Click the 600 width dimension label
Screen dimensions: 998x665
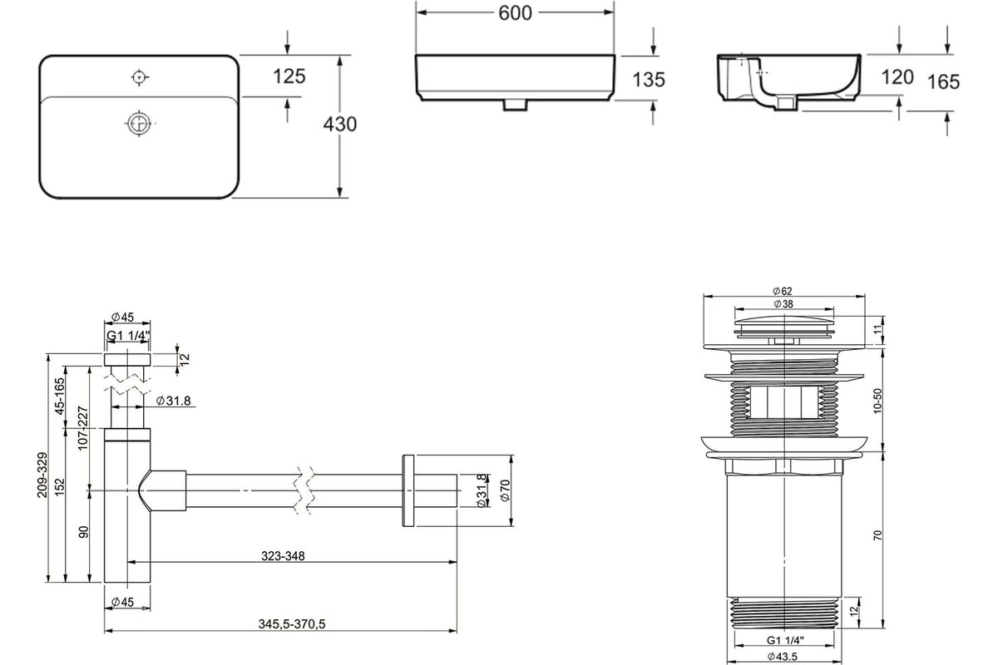tap(515, 13)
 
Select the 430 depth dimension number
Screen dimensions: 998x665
tap(340, 124)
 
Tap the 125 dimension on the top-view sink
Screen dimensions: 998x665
tap(289, 76)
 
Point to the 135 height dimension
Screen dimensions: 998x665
tap(649, 80)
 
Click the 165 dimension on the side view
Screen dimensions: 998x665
tap(944, 82)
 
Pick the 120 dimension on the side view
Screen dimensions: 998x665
tap(897, 77)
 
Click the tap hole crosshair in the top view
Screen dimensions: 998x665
tap(140, 77)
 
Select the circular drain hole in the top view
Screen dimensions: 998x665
tap(140, 122)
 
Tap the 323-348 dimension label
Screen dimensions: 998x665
tap(283, 556)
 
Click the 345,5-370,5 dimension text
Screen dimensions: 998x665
tap(292, 624)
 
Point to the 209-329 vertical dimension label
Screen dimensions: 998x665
tap(42, 475)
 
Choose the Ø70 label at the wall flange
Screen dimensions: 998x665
tap(505, 490)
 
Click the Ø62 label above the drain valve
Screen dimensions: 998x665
tap(783, 291)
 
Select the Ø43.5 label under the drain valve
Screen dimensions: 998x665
tap(783, 656)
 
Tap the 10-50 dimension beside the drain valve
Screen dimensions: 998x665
tap(877, 401)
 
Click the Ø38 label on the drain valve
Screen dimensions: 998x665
tap(783, 303)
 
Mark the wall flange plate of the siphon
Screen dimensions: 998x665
tap(408, 490)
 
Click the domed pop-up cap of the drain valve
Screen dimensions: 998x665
tap(784, 323)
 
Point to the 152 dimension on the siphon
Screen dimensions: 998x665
tap(60, 487)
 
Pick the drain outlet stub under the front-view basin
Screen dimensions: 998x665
tap(515, 105)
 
